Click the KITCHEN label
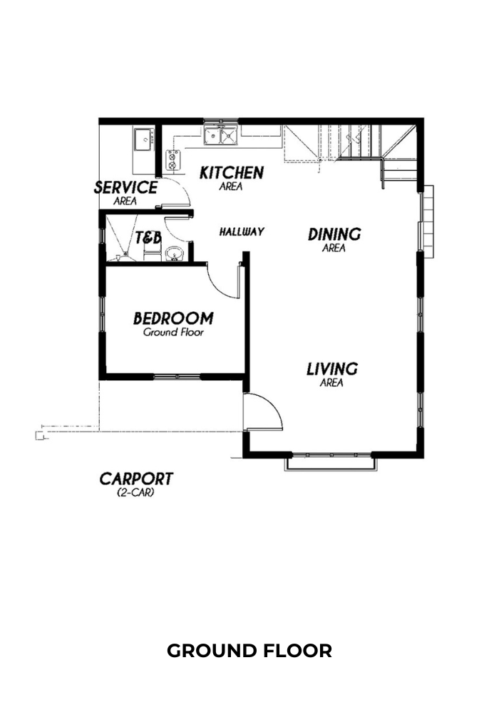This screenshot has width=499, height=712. [x=232, y=172]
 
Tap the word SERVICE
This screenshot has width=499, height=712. [x=126, y=187]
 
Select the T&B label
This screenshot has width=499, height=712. [x=148, y=238]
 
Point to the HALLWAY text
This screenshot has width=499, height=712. [x=242, y=231]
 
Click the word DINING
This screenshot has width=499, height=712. [x=334, y=234]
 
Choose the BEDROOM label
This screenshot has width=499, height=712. [x=173, y=318]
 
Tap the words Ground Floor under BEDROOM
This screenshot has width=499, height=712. [x=174, y=333]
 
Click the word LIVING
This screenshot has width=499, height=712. [x=332, y=369]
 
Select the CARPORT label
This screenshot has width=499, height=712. [x=136, y=478]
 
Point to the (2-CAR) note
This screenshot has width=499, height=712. [x=136, y=492]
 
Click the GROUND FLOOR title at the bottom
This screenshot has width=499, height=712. [x=249, y=651]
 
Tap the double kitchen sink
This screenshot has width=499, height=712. [x=220, y=135]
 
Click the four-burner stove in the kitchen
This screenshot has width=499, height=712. [x=173, y=161]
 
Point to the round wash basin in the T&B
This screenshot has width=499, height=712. [x=173, y=254]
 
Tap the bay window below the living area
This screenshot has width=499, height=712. [x=331, y=461]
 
